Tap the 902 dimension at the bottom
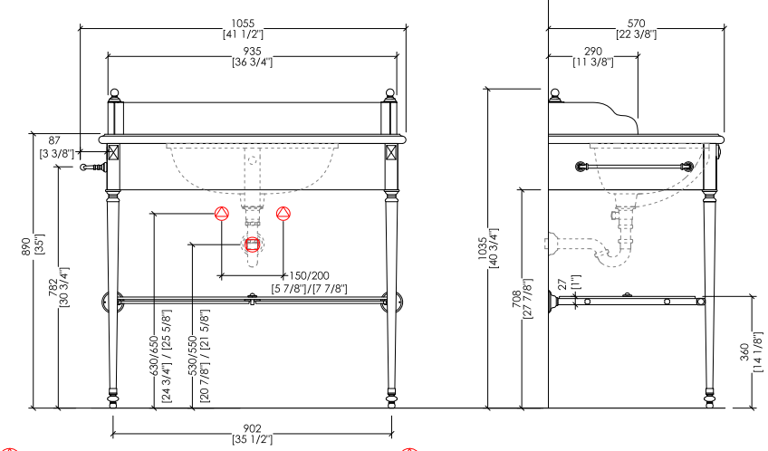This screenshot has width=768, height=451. click(253, 428)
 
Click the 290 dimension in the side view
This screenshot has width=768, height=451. click(593, 52)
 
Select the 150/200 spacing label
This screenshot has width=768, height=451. click(308, 276)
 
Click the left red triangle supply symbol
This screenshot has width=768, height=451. click(222, 214)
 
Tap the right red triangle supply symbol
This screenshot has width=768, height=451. click(283, 214)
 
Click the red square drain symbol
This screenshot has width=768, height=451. click(253, 244)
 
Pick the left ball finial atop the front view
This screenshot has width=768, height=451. click(115, 93)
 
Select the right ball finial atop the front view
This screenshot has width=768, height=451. click(391, 93)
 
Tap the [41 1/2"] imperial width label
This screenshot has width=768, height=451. click(243, 34)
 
